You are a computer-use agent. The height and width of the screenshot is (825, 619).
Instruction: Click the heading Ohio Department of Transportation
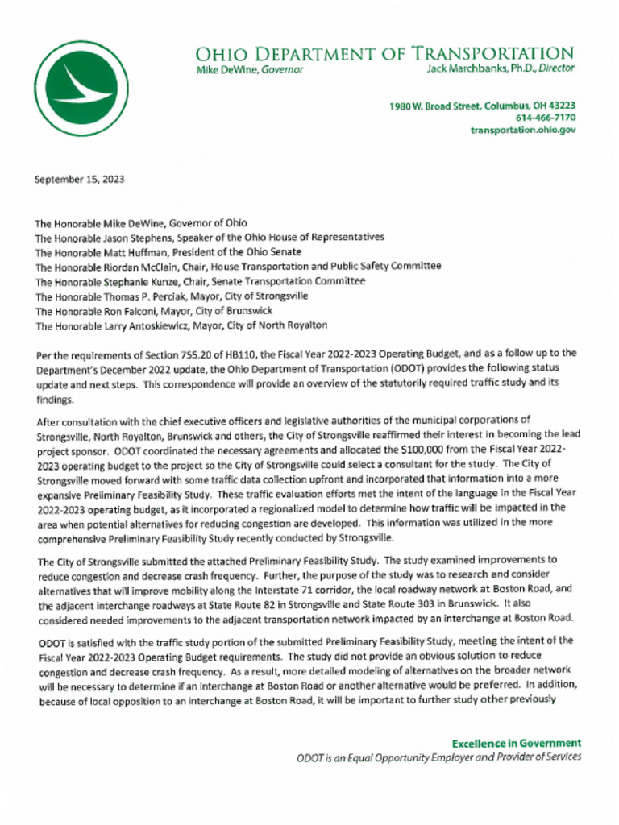[x=384, y=53]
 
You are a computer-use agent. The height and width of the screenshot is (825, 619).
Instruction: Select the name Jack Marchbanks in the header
[x=466, y=69]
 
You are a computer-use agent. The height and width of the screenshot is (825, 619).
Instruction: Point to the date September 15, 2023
[x=79, y=180]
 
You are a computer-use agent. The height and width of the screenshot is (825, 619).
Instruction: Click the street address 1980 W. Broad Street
[x=434, y=106]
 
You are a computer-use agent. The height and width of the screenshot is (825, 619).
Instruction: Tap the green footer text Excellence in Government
[x=516, y=744]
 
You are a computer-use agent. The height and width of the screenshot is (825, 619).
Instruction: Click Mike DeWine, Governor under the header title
[x=250, y=69]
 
